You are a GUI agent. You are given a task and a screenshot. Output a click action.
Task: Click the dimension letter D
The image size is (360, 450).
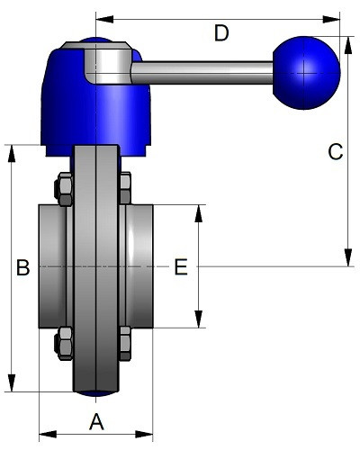click(221, 33)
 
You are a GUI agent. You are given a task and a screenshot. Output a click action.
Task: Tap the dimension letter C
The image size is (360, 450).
click(336, 151)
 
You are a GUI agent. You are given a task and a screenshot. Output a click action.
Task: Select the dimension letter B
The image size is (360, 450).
click(23, 267)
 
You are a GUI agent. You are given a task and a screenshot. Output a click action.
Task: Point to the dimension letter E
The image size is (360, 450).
click(181, 267)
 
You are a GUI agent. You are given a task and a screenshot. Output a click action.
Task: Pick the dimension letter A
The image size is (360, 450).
click(96, 421)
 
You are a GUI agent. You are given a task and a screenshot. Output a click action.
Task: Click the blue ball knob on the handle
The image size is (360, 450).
click(307, 73)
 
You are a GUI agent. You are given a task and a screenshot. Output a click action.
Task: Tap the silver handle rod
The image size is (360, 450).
click(202, 73)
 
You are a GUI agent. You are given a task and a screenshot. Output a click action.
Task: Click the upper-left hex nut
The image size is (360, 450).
click(64, 189)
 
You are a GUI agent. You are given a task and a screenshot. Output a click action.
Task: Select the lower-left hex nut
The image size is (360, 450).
click(64, 344)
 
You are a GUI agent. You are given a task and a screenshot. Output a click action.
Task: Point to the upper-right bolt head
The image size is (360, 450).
click(125, 188)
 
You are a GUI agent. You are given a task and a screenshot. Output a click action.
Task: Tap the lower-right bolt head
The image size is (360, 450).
click(125, 343)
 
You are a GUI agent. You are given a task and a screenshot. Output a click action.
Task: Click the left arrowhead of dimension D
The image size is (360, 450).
click(104, 20)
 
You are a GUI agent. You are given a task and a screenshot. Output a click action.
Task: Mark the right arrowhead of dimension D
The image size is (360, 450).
click(331, 20)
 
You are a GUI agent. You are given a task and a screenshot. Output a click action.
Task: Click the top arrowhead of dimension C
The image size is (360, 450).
click(348, 45)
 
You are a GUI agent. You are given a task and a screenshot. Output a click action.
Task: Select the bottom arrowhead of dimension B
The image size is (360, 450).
click(12, 382)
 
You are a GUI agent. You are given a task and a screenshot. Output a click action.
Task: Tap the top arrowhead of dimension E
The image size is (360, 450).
click(198, 213)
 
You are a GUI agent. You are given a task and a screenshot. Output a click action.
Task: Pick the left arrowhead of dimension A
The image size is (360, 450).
click(48, 434)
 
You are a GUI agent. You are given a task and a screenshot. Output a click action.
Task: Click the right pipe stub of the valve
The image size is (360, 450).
click(139, 266)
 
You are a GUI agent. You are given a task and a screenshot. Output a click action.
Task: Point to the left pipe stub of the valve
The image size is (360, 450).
click(52, 266)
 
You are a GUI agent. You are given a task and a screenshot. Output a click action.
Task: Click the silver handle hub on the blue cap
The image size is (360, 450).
click(107, 64)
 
